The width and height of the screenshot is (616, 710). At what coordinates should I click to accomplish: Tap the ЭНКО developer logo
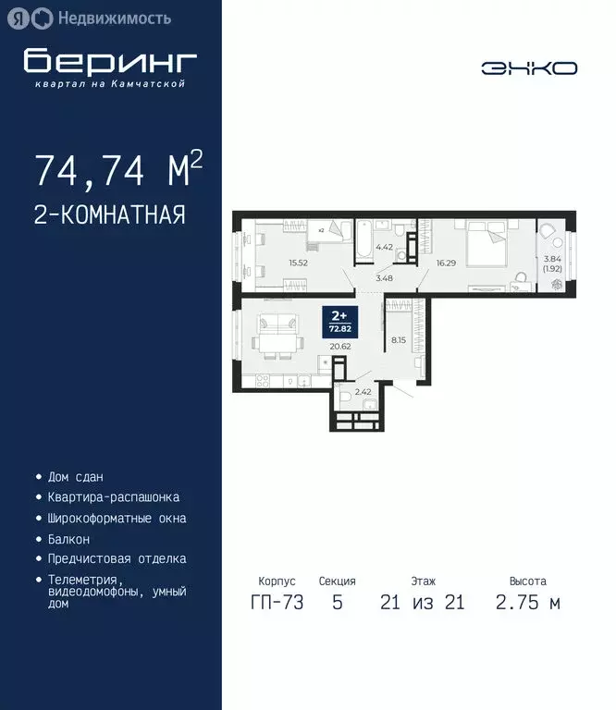click(x=529, y=68)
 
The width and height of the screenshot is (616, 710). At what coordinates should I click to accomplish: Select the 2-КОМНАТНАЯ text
click(x=109, y=215)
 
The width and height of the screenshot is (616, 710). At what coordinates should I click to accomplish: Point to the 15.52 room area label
click(x=298, y=263)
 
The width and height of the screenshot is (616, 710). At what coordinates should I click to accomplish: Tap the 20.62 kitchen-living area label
click(x=340, y=347)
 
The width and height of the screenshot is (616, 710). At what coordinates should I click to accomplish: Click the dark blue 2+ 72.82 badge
click(x=339, y=320)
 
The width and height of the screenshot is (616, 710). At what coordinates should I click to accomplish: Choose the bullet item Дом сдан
click(x=75, y=477)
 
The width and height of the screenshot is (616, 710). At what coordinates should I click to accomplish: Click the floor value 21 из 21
click(x=423, y=604)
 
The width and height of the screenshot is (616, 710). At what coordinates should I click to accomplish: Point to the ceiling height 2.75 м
click(x=527, y=604)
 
